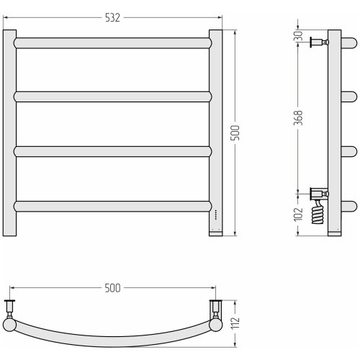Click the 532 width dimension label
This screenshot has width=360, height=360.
pyautogui.click(x=112, y=18)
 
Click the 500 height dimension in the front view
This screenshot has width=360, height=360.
pyautogui.click(x=235, y=132)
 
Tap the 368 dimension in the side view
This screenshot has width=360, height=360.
pyautogui.click(x=298, y=117)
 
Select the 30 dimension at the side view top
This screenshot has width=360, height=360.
pyautogui.click(x=298, y=35)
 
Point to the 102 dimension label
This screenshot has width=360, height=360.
pyautogui.click(x=298, y=214)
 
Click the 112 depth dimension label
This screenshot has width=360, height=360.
pyautogui.click(x=235, y=323)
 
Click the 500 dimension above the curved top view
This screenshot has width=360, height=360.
pyautogui.click(x=112, y=288)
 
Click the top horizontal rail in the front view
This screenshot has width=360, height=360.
pyautogui.click(x=112, y=43)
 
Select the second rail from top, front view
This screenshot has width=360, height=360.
pyautogui.click(x=112, y=96)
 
